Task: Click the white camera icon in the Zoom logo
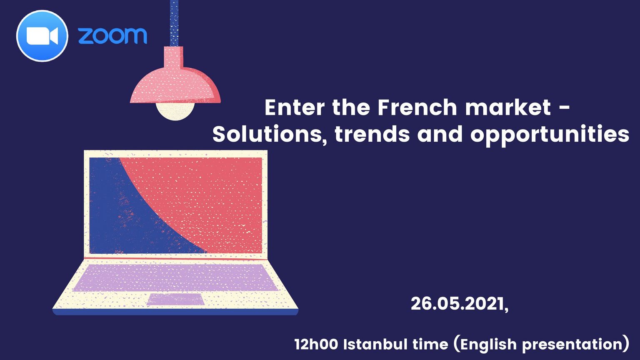42,36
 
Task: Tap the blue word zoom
112,36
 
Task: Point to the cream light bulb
175,111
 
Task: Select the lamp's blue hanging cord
174,23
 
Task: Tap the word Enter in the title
295,107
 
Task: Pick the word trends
372,134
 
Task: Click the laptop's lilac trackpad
176,299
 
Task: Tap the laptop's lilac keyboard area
175,277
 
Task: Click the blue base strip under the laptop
175,312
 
